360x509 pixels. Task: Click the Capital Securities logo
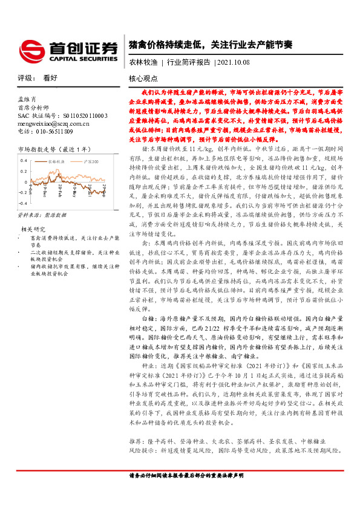[67, 48]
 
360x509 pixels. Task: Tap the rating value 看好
[50, 79]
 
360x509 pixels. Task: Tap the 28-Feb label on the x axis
[61, 198]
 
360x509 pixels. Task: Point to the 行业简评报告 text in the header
[188, 62]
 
